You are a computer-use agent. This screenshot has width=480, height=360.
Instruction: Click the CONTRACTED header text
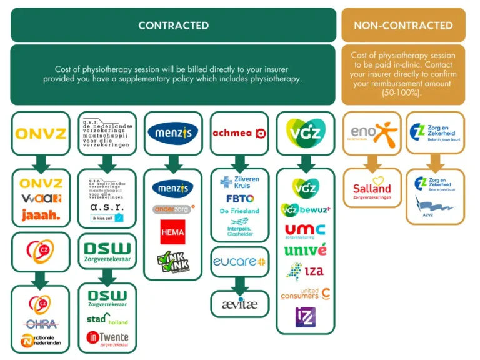[173, 26]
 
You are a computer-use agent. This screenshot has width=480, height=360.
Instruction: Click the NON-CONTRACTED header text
[403, 26]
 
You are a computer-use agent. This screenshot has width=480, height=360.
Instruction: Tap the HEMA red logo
[172, 232]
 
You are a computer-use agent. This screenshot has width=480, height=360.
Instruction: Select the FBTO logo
[240, 199]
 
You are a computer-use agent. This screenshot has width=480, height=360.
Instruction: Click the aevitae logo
[239, 304]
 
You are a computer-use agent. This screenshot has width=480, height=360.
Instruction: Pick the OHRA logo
[41, 324]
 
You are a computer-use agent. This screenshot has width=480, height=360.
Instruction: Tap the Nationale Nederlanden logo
[41, 341]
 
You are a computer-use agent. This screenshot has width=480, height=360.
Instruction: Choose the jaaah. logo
[41, 216]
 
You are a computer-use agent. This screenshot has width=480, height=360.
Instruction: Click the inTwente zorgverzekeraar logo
[107, 339]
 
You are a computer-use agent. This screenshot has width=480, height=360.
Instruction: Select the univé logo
[306, 250]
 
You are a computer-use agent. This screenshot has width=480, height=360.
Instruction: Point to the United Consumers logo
[306, 293]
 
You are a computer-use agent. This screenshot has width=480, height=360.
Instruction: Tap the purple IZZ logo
[306, 317]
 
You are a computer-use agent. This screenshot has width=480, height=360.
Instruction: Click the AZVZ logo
[436, 206]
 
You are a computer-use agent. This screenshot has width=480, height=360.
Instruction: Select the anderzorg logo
[173, 209]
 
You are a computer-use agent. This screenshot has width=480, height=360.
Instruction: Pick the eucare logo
[239, 262]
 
